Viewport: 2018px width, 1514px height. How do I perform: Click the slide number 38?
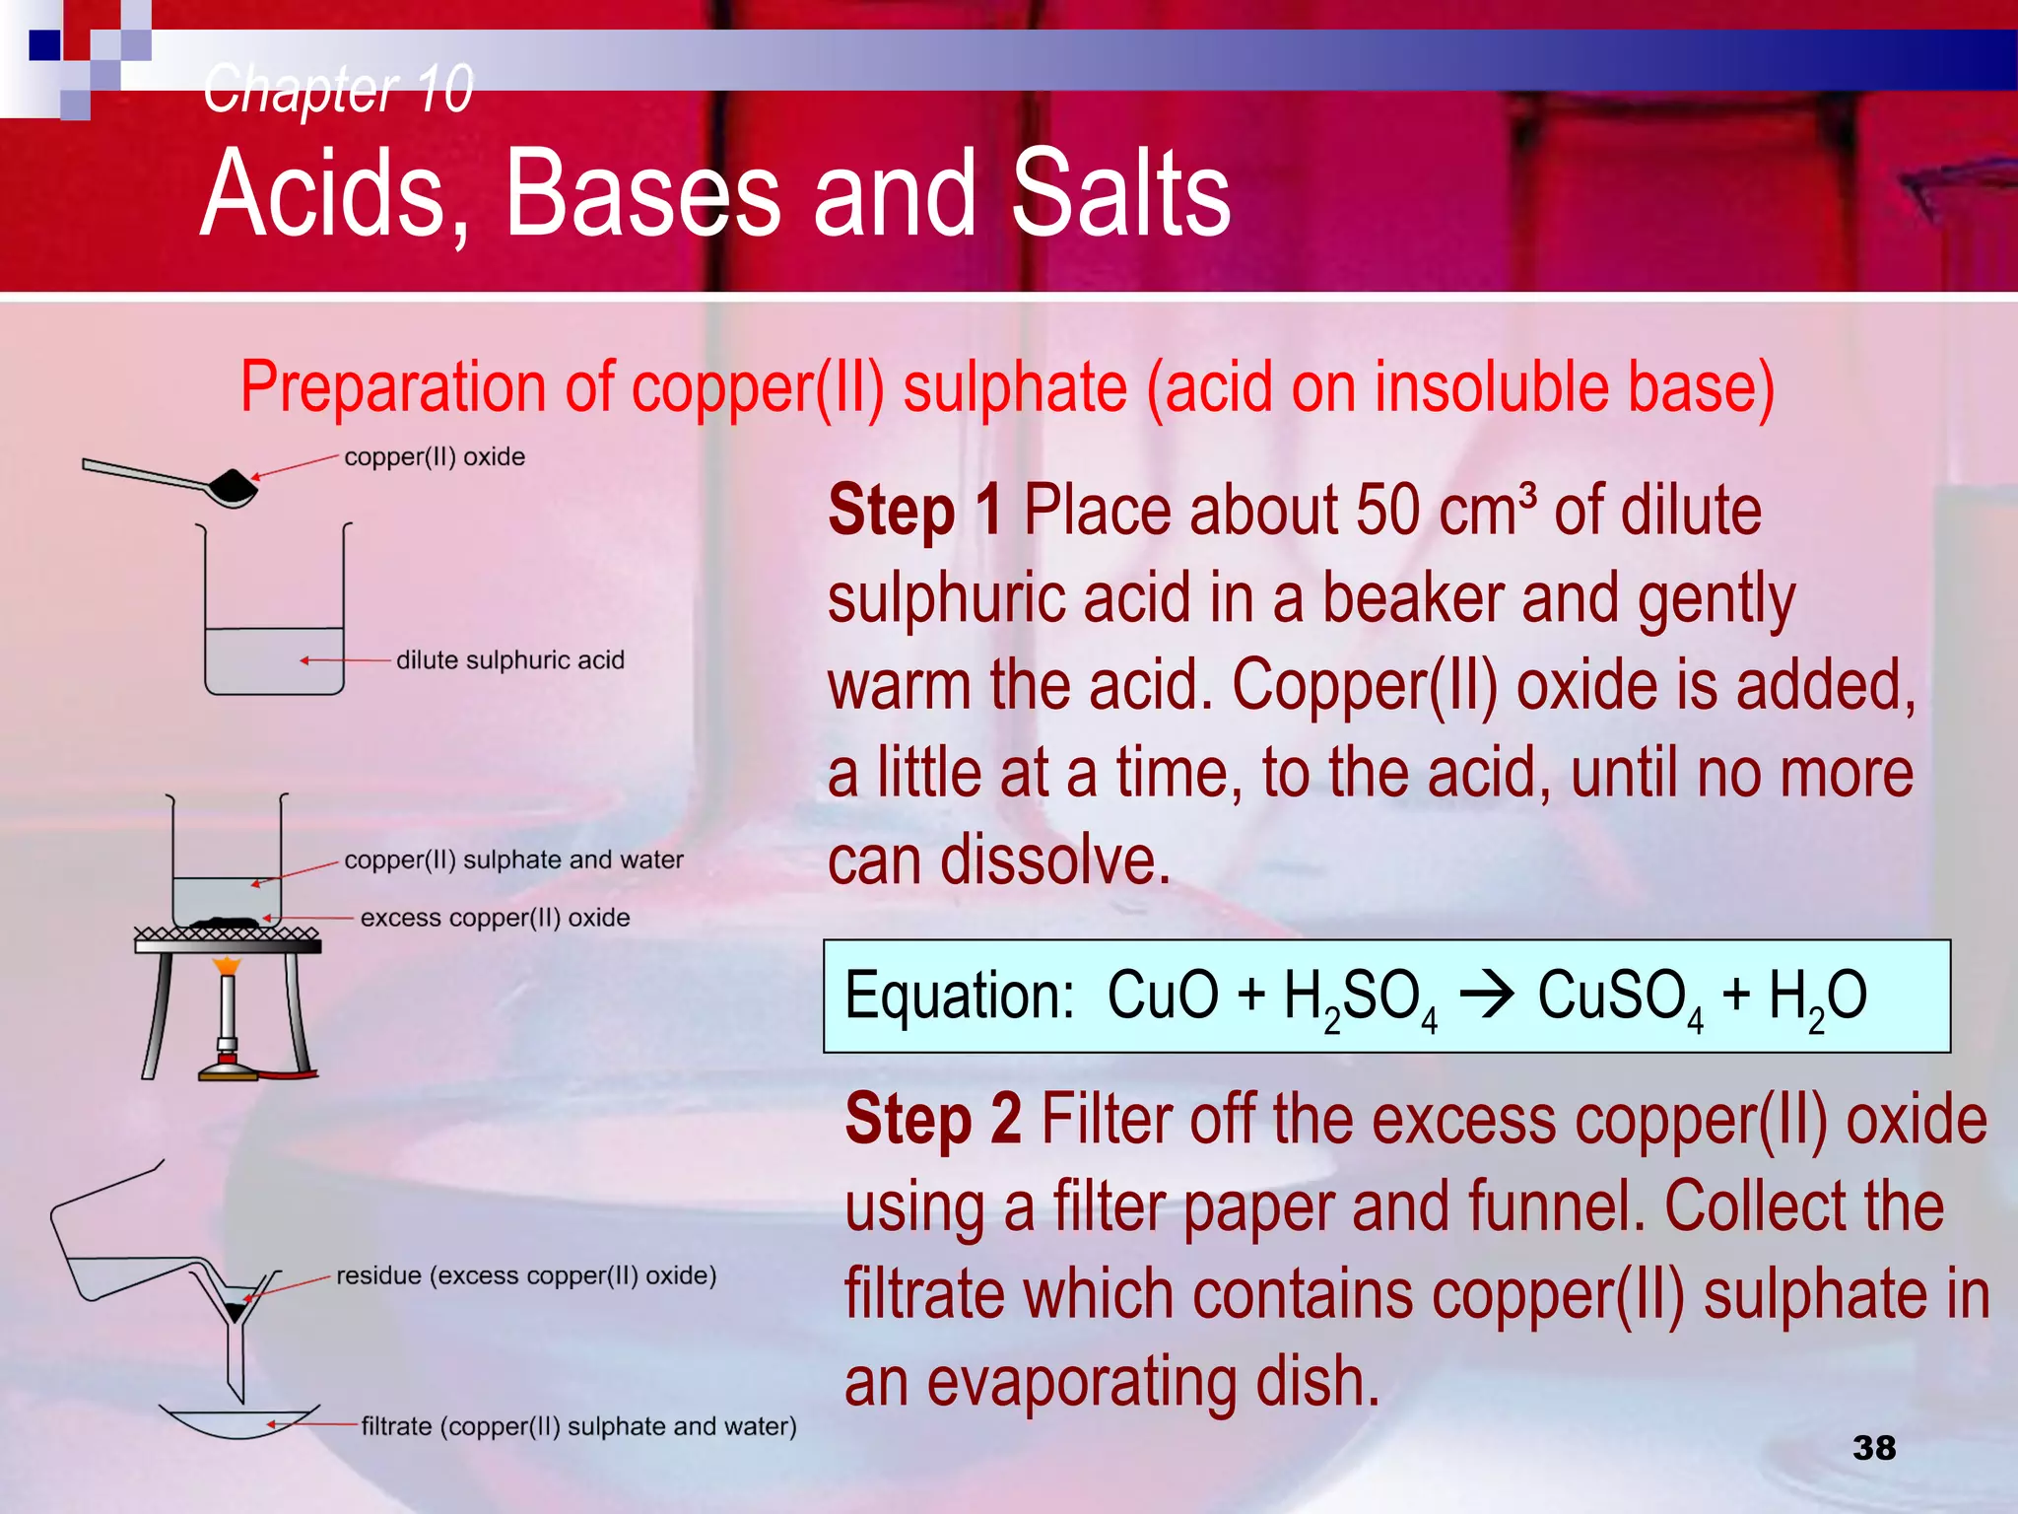point(1873,1447)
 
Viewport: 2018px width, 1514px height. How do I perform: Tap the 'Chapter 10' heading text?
point(338,89)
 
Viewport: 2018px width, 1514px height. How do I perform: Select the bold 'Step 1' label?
point(914,511)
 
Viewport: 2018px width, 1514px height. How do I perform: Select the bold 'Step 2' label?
point(932,1120)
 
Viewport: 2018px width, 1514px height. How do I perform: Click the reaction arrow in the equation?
point(1486,996)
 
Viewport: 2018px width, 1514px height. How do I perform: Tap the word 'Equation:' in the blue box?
point(959,996)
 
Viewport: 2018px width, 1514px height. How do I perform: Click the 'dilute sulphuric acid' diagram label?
point(509,660)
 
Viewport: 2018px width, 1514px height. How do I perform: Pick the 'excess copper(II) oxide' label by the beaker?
point(495,918)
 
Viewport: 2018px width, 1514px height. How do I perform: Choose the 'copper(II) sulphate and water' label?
point(513,860)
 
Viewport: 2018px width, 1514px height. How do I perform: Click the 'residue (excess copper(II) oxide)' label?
point(526,1275)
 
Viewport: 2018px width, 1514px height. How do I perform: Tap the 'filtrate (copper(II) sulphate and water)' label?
point(578,1426)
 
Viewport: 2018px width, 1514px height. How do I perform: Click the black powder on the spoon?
point(234,484)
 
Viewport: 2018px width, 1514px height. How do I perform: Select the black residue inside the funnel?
point(235,1311)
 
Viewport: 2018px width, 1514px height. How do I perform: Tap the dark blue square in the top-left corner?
point(44,45)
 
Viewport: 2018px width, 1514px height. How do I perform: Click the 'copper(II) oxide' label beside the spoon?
point(435,457)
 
